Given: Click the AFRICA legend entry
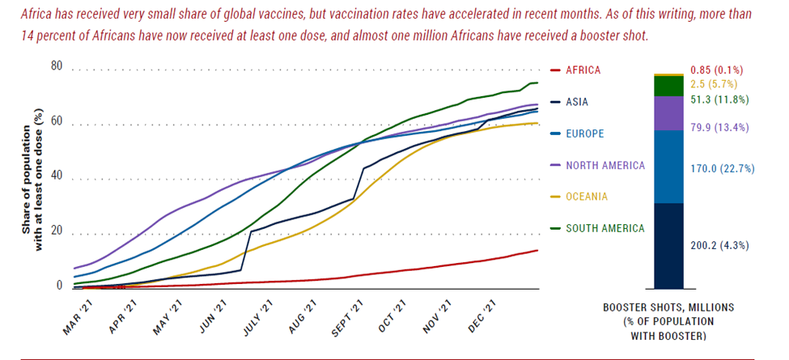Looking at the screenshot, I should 582,70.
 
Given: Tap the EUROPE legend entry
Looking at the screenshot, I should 583,133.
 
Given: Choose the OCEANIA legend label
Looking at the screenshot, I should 587,197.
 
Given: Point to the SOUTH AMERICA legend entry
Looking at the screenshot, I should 604,228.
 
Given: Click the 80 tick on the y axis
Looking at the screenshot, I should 57,66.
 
